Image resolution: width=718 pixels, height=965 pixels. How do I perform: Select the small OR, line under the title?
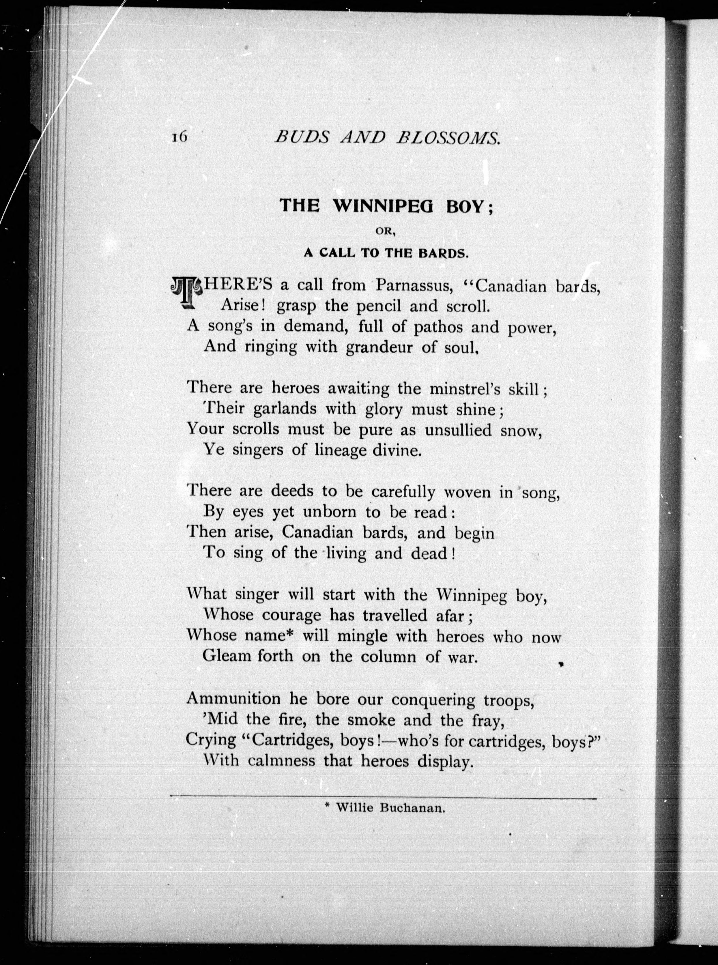[x=385, y=231]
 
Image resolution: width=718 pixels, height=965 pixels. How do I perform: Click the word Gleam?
[x=227, y=656]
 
